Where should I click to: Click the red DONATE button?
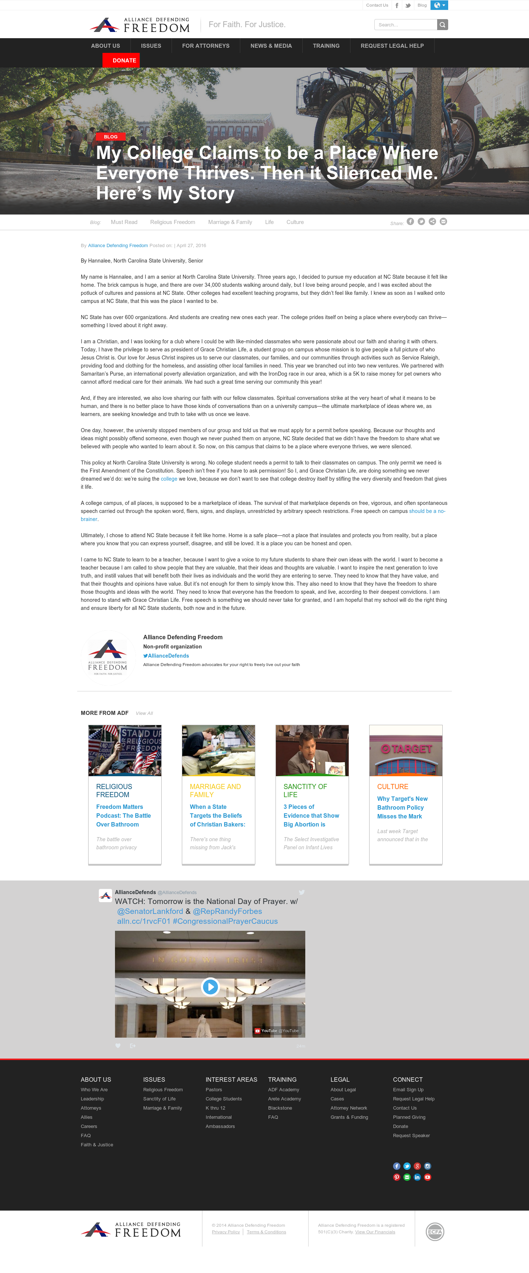121,60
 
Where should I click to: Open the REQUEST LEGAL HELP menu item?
392,46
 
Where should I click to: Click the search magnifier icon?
442,25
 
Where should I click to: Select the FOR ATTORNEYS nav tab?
206,46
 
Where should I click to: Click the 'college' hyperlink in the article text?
169,479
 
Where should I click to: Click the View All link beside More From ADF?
144,713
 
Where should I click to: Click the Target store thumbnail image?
406,750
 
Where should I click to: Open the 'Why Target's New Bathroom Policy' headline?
402,807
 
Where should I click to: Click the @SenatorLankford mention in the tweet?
150,911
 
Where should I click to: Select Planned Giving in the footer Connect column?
409,1117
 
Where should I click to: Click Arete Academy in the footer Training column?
284,1099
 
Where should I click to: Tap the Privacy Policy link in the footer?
226,1232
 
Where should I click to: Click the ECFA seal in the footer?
435,1232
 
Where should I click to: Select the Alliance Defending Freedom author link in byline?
118,246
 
